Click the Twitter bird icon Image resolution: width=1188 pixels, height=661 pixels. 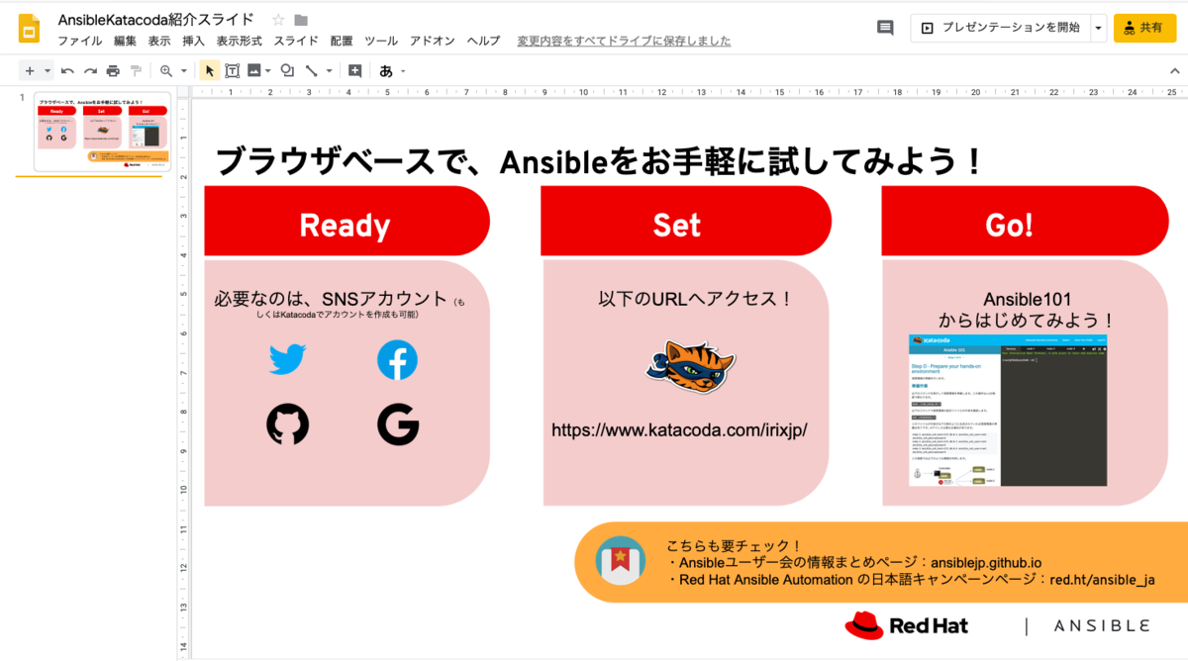288,359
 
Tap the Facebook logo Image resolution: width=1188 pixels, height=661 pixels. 397,360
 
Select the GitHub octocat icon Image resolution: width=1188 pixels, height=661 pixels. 288,425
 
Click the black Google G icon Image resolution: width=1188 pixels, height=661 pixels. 398,425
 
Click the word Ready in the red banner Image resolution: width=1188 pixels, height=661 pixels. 345,226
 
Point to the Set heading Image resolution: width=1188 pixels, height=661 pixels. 677,226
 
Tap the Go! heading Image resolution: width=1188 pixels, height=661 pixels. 1009,226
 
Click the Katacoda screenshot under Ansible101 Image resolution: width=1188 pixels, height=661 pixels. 1007,410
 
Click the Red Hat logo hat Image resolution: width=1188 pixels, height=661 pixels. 863,624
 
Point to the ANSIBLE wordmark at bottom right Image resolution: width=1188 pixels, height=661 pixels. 1102,626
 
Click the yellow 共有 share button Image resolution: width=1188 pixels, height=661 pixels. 1144,28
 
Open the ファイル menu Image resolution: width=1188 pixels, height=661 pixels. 79,41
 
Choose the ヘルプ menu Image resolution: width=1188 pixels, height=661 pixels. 483,41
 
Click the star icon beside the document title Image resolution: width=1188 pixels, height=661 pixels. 278,20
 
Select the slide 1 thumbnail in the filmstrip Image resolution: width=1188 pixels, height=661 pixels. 102,132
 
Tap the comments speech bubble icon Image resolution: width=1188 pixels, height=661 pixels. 885,28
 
